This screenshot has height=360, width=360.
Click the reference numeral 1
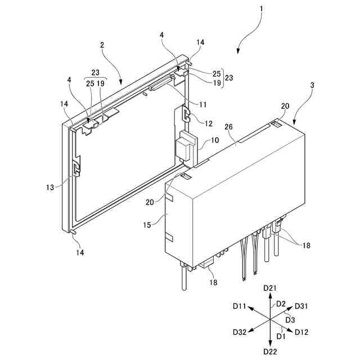pyautogui.click(x=262, y=10)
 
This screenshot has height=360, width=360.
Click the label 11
pyautogui.click(x=202, y=104)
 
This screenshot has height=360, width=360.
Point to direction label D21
pyautogui.click(x=271, y=288)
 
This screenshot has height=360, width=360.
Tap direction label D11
pyautogui.click(x=240, y=307)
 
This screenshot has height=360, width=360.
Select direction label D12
pyautogui.click(x=301, y=332)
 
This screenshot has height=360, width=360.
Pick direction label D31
pyautogui.click(x=301, y=307)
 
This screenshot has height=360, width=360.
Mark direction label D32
pyautogui.click(x=240, y=332)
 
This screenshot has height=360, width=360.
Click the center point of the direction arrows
pyautogui.click(x=271, y=319)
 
